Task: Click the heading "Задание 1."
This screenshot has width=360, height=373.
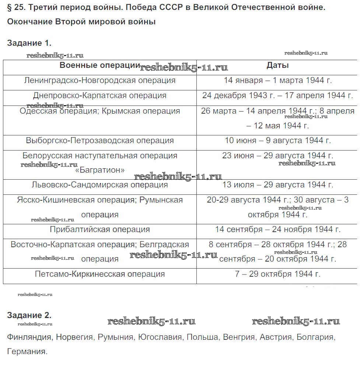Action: click(29, 43)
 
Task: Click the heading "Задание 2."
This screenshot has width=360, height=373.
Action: click(29, 315)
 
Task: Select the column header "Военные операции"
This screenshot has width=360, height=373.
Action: click(99, 66)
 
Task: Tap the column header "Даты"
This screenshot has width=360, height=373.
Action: click(277, 66)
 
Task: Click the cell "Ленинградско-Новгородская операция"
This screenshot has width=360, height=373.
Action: click(99, 80)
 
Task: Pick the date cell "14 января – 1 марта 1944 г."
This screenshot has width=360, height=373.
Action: click(277, 80)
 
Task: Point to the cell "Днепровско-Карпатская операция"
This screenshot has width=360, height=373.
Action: click(99, 96)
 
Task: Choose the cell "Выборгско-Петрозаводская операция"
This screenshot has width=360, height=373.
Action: click(99, 141)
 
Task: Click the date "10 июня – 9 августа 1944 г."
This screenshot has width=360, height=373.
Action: click(277, 141)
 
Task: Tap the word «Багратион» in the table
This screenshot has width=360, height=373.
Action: click(99, 170)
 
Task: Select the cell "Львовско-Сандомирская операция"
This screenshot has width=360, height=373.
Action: click(99, 185)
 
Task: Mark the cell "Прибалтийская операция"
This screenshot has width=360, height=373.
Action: click(99, 229)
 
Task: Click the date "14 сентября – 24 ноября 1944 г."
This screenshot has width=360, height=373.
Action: click(277, 229)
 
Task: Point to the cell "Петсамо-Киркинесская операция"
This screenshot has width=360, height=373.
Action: click(99, 274)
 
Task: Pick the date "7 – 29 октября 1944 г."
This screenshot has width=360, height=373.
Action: click(277, 274)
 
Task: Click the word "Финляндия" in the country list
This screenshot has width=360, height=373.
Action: click(29, 337)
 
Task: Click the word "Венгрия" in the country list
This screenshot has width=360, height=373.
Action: click(238, 337)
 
